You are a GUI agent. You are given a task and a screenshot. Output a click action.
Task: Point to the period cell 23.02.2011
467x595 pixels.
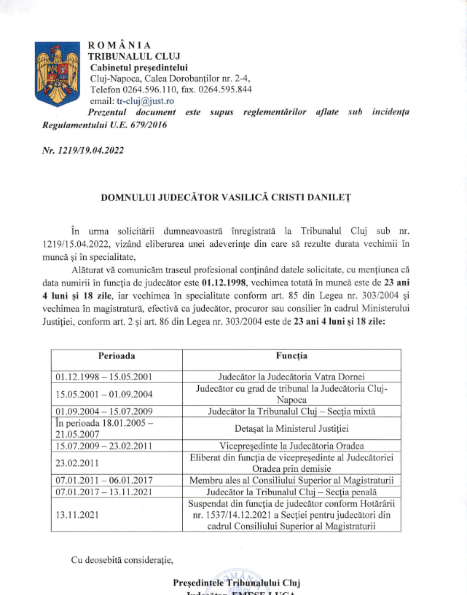click(x=79, y=462)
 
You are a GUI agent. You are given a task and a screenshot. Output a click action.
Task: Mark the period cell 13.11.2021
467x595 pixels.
click(x=79, y=516)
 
